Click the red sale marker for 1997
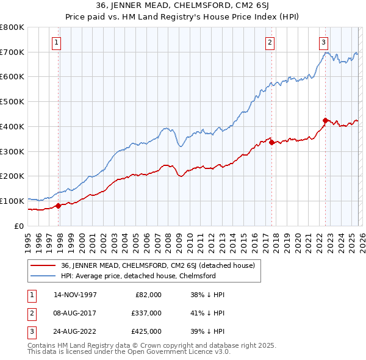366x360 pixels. (x=59, y=206)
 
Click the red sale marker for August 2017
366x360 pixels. (x=271, y=142)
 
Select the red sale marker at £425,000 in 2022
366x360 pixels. (x=325, y=120)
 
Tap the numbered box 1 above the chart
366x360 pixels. (x=56, y=42)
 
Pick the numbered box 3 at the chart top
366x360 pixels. (x=323, y=42)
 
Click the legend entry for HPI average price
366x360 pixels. (x=138, y=276)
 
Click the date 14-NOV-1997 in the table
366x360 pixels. (x=75, y=294)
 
